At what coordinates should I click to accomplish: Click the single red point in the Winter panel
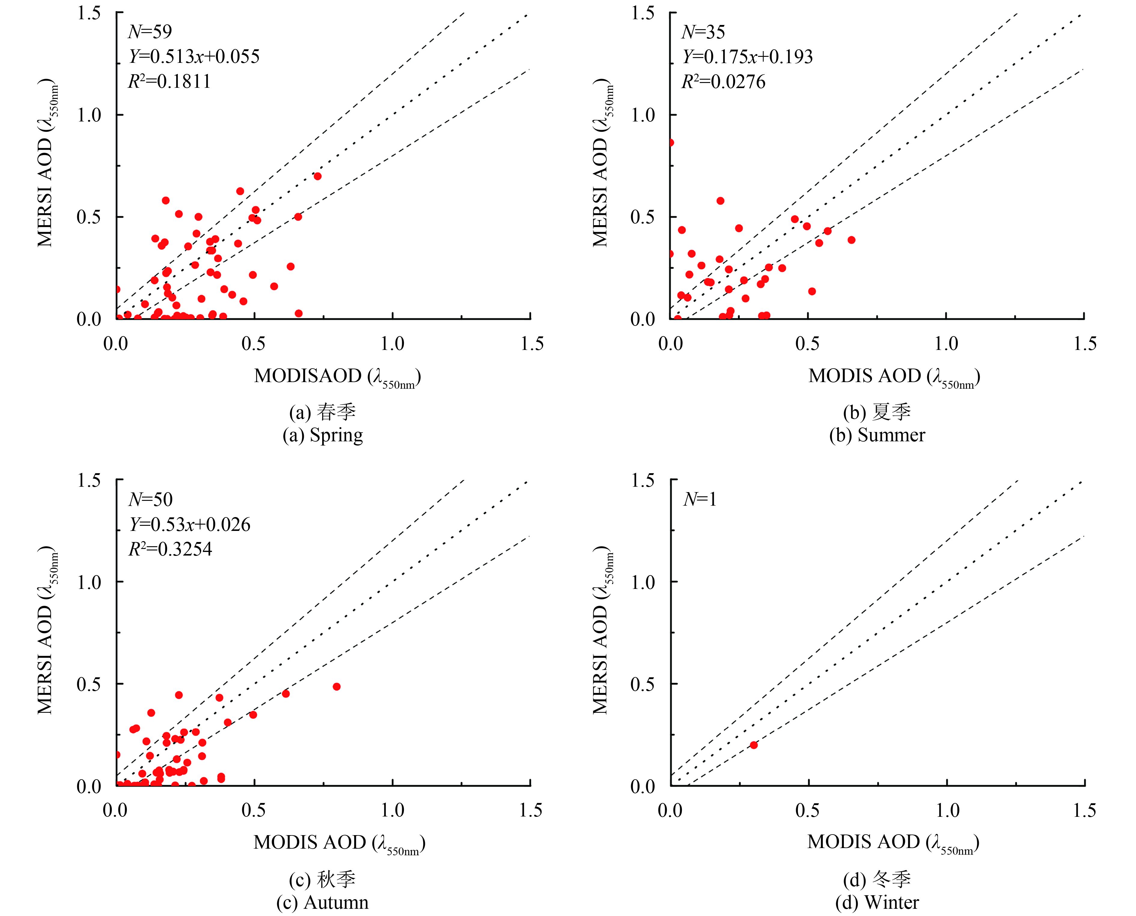[754, 745]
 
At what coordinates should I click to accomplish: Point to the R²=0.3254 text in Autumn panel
[170, 549]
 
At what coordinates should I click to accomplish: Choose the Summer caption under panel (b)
[877, 435]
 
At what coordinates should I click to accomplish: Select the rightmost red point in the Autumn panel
[337, 686]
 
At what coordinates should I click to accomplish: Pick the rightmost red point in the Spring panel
[317, 176]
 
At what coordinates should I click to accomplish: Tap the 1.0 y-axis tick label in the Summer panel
[642, 115]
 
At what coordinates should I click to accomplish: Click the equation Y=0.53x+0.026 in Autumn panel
[190, 525]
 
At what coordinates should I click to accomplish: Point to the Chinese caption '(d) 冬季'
[877, 879]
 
